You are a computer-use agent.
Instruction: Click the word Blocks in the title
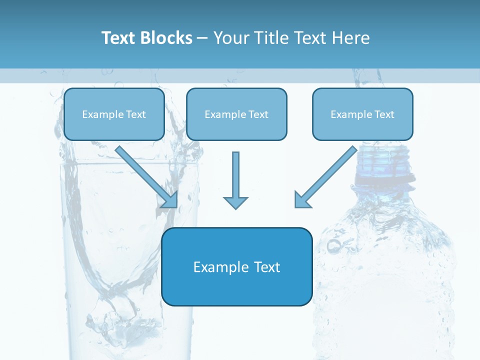click(166, 38)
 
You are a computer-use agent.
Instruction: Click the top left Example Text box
click(114, 114)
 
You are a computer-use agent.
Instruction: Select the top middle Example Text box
click(236, 114)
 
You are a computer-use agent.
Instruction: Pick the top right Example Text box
click(362, 114)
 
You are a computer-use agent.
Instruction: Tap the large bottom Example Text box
click(236, 266)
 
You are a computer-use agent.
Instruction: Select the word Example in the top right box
click(348, 114)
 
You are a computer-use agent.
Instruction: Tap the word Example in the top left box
click(99, 114)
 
